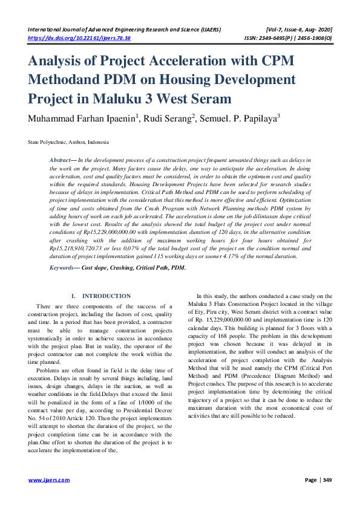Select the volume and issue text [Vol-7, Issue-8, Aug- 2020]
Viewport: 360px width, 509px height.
click(298, 30)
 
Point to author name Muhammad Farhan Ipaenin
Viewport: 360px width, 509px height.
click(82, 118)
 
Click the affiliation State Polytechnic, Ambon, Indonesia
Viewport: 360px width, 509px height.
click(68, 142)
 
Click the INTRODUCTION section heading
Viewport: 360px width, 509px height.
click(106, 296)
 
